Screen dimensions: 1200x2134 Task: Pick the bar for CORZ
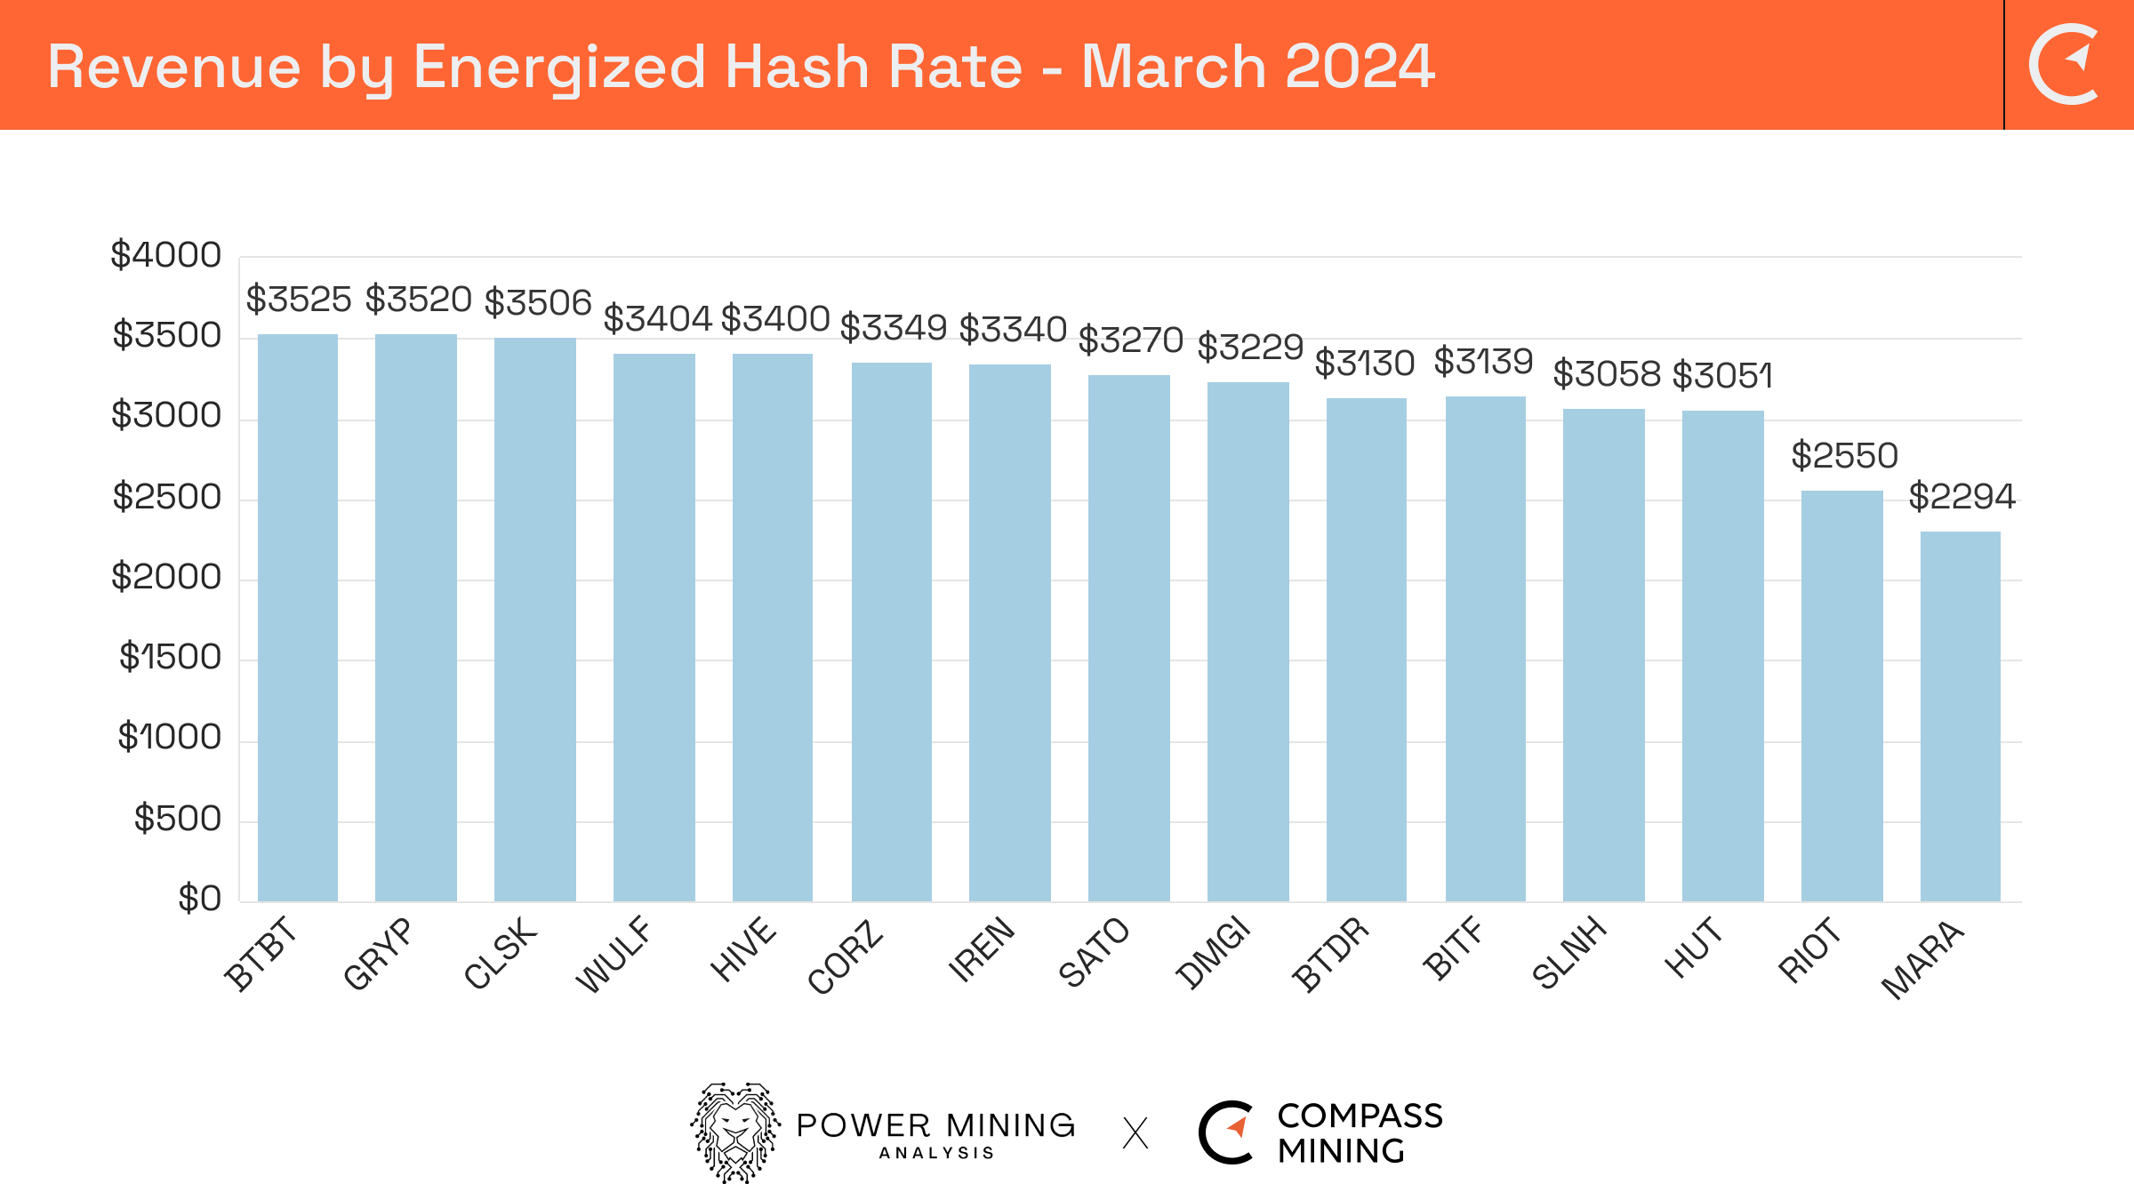[x=892, y=632]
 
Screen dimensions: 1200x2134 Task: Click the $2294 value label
[x=1962, y=496]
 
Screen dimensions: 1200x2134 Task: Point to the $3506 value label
[x=538, y=302]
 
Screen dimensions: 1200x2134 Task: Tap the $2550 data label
[x=1844, y=455]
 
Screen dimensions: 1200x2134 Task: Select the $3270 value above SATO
[x=1130, y=340]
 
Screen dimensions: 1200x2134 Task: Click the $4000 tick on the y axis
[x=165, y=255]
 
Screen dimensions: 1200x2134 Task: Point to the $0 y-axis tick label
[x=199, y=898]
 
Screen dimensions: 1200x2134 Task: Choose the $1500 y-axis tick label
[x=170, y=657]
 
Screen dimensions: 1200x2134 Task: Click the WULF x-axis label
[x=614, y=955]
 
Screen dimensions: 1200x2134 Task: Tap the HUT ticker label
[x=1693, y=948]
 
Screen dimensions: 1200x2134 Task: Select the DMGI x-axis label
[x=1213, y=954]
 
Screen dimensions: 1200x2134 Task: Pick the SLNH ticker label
[x=1569, y=952]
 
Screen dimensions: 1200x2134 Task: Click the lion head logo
[x=735, y=1132]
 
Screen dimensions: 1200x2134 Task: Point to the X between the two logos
[x=1135, y=1133]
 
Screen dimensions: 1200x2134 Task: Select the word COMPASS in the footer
[x=1360, y=1116]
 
